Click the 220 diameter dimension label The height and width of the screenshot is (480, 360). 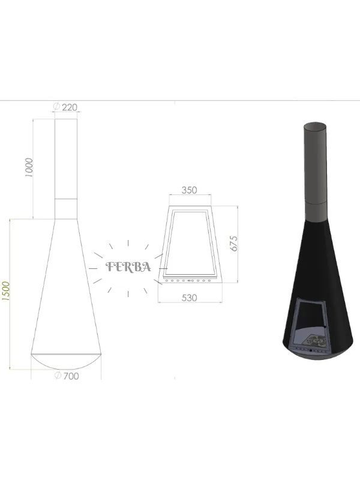pos(70,107)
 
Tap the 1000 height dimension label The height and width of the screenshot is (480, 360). pos(28,167)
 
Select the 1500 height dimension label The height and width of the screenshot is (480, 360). pos(6,291)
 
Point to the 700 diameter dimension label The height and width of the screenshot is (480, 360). pos(71,376)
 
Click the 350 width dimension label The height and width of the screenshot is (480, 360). pos(189,190)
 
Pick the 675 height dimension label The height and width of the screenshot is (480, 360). pos(233,244)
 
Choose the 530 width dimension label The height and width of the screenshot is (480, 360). pos(189,298)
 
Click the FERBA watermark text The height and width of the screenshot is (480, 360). pos(128,267)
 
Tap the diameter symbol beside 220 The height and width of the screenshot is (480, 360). pos(56,107)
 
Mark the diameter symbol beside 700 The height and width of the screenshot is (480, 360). pos(58,376)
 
